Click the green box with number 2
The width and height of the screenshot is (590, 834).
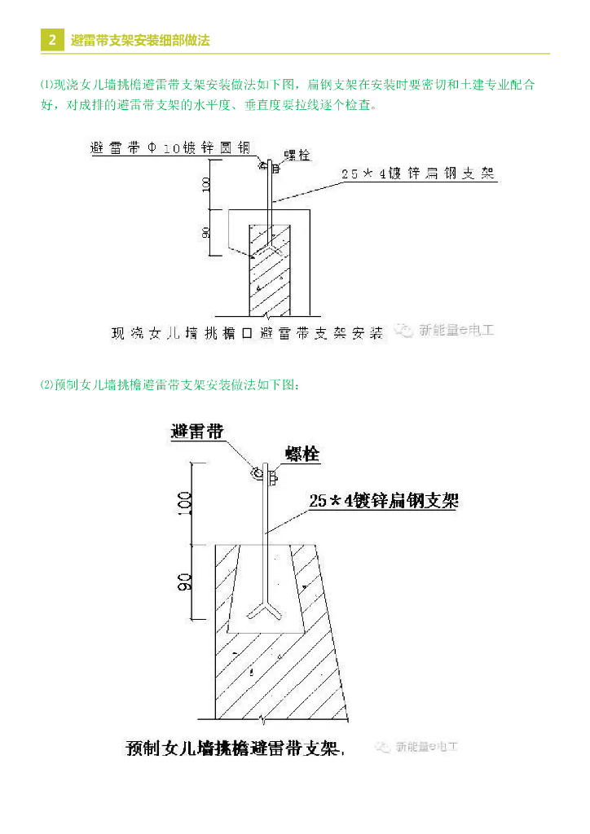pyautogui.click(x=52, y=40)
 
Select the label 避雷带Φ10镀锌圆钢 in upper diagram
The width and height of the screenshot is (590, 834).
pyautogui.click(x=170, y=148)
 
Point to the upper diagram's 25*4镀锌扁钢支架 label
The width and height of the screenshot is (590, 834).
pyautogui.click(x=418, y=173)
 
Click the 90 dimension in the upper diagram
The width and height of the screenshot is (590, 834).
pyautogui.click(x=207, y=232)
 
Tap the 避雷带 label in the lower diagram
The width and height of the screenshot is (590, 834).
pyautogui.click(x=196, y=431)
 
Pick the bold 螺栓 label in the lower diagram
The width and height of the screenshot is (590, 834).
pyautogui.click(x=302, y=454)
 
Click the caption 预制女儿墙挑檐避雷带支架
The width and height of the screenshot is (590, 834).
pyautogui.click(x=236, y=748)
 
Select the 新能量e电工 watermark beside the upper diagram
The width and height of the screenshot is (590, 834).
pyautogui.click(x=446, y=330)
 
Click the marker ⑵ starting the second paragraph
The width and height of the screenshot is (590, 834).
pyautogui.click(x=46, y=385)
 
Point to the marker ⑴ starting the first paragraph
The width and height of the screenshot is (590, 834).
pyautogui.click(x=46, y=84)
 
